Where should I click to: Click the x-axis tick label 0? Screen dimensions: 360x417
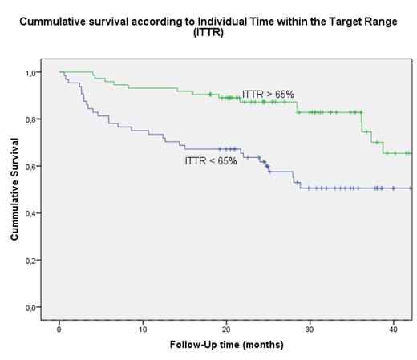59,330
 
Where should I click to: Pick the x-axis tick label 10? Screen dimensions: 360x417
143,330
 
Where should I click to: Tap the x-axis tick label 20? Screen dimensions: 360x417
226,330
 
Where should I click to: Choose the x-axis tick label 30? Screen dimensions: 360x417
310,330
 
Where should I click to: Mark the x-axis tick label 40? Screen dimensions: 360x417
393,330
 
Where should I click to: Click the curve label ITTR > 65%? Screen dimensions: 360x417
268,95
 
